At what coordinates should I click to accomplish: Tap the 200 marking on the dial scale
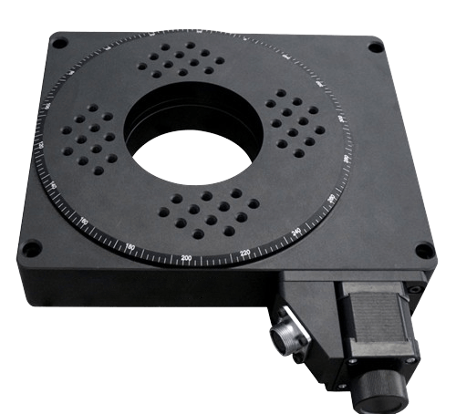pos(187,259)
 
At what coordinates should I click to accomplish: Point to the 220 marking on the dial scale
pos(244,253)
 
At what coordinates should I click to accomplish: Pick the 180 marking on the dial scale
pos(130,246)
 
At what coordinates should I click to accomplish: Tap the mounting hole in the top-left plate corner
pos(59,42)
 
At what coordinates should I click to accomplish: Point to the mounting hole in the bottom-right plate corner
pos(421,250)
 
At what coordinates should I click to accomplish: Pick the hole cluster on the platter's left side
pos(88,137)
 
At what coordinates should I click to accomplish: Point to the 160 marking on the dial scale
pos(85,222)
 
